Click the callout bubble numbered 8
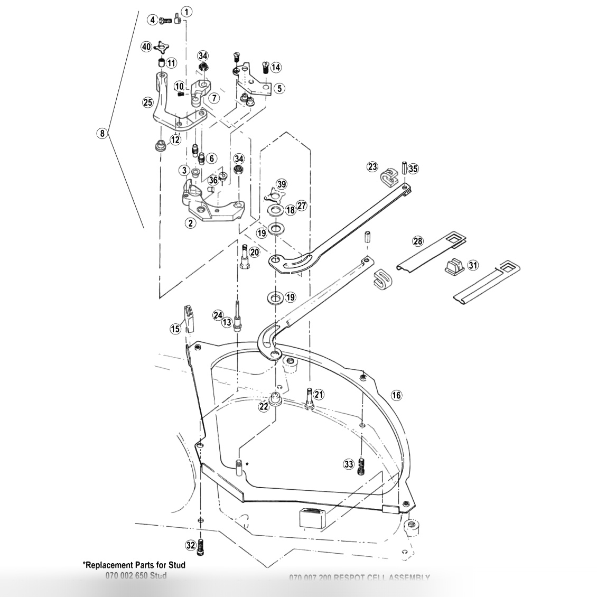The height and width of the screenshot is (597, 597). click(102, 133)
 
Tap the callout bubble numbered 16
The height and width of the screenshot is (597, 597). click(396, 395)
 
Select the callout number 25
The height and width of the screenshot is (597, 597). click(148, 102)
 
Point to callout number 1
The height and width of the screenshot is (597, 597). click(187, 11)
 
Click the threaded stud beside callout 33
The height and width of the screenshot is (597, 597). click(361, 465)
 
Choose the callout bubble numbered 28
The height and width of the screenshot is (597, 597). click(418, 241)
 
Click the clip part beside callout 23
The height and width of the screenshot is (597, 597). click(389, 175)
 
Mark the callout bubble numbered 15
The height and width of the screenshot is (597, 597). click(175, 329)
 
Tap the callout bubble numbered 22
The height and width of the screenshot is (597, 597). click(264, 406)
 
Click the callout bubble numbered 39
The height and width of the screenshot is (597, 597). click(282, 184)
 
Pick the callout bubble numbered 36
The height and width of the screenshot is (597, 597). click(213, 180)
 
